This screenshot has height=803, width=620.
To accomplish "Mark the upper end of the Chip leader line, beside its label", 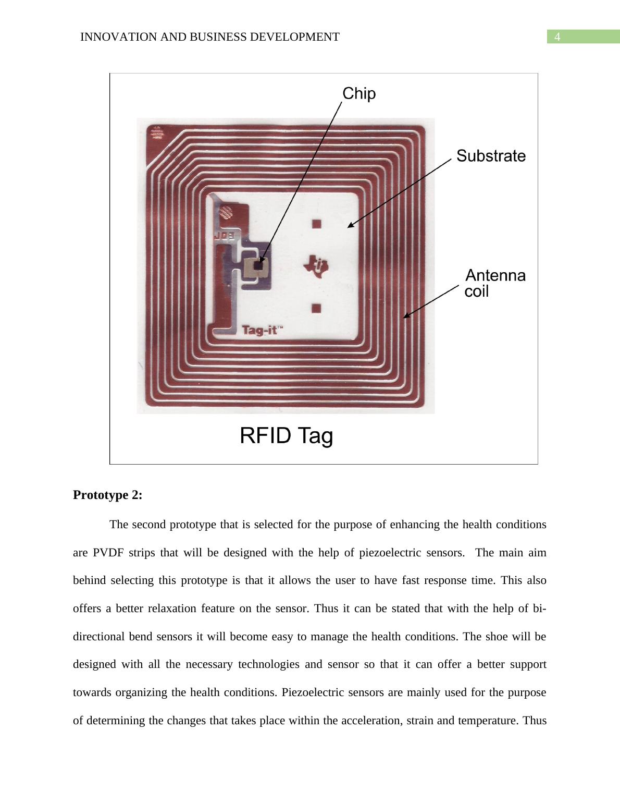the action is (x=342, y=102).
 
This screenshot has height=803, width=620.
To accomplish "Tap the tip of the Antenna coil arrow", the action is (x=403, y=318).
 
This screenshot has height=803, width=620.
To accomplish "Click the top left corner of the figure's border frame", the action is (x=110, y=74).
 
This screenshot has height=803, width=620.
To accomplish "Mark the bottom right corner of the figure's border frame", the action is (x=538, y=464).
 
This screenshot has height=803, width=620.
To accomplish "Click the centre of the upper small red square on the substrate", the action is (x=316, y=224).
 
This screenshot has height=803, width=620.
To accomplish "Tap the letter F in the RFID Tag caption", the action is (x=268, y=435).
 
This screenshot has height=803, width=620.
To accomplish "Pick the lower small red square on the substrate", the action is (x=316, y=309).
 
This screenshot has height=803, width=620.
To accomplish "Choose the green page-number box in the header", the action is (x=583, y=36).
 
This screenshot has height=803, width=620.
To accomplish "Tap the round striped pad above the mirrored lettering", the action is (x=226, y=212).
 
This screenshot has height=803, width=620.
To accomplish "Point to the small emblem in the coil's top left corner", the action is (x=158, y=133).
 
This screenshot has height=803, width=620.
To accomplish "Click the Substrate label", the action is (x=491, y=156).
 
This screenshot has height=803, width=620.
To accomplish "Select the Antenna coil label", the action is (x=495, y=284).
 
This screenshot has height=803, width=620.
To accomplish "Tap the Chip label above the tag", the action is (x=359, y=93).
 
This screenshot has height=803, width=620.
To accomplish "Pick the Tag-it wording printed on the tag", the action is (x=262, y=330).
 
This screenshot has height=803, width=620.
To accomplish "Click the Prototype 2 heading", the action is (x=107, y=494).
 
